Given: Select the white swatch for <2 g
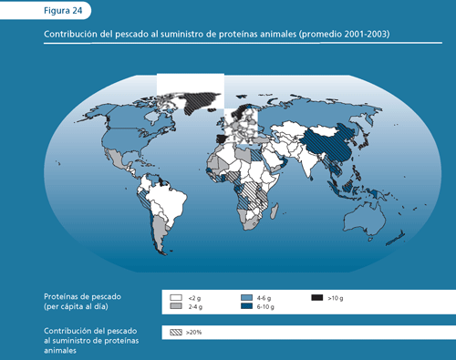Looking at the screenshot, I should coord(175,298).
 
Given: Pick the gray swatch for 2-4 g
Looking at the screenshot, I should coord(175,307).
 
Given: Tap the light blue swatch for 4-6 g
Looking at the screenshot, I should coord(246,298).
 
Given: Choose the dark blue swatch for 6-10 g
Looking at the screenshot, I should coord(246,307).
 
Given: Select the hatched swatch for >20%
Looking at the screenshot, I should coord(175,333).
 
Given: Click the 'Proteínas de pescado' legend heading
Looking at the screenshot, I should coord(82,297).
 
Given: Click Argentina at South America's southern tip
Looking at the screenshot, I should coord(157,237).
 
